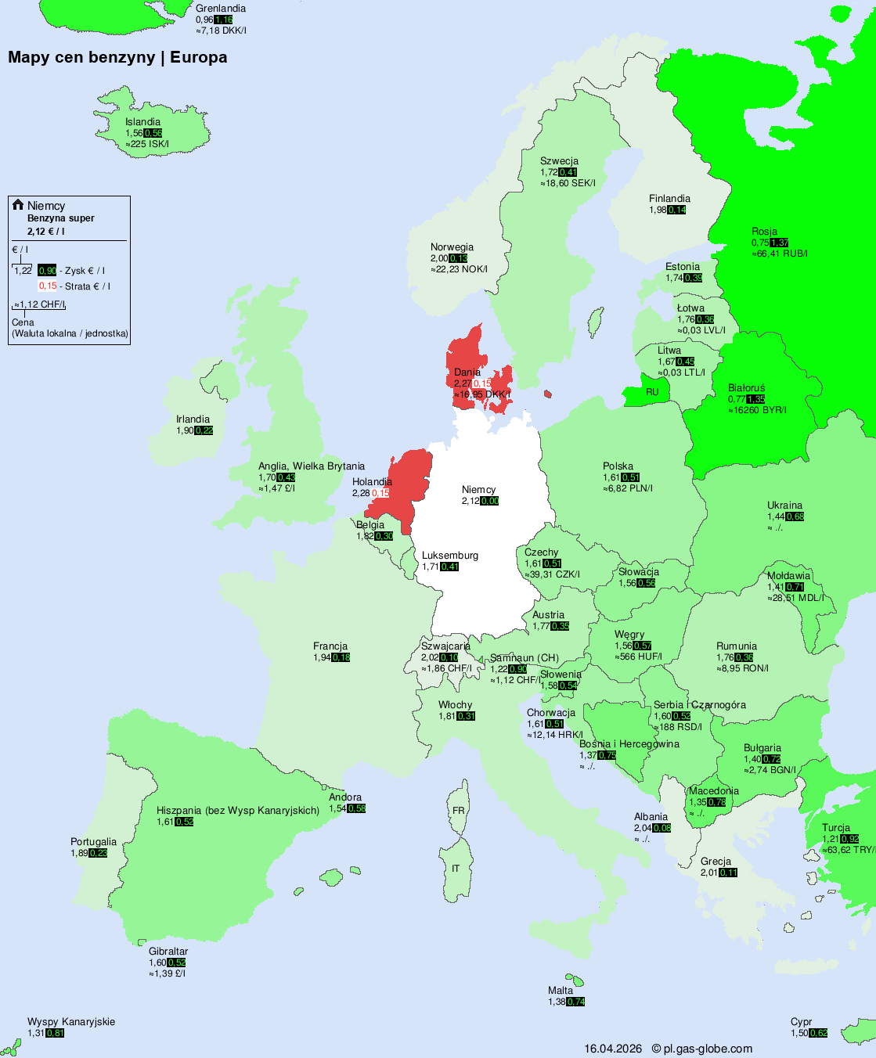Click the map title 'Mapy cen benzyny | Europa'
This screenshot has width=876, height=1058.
[117, 57]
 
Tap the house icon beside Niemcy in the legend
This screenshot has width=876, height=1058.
[18, 205]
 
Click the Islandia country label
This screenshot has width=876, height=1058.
[142, 122]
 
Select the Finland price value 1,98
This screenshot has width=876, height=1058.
[658, 210]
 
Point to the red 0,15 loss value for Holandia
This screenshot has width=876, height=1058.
[380, 493]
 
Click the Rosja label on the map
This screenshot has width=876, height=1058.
[764, 232]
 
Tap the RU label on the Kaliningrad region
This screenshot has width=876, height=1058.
[652, 392]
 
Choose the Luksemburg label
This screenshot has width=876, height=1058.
[449, 556]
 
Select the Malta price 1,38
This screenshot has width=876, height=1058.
[557, 1002]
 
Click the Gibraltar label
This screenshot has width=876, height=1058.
[168, 952]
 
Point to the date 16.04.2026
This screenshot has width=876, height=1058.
[613, 1049]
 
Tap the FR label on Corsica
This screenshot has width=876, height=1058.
[458, 811]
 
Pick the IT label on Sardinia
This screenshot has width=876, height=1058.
[456, 869]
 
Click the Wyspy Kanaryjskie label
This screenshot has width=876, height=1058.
[71, 1022]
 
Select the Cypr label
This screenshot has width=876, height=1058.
[801, 1022]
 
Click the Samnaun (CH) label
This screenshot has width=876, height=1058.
[525, 658]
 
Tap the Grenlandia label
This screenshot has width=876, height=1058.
[221, 9]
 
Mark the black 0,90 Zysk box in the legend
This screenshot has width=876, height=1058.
[47, 271]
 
